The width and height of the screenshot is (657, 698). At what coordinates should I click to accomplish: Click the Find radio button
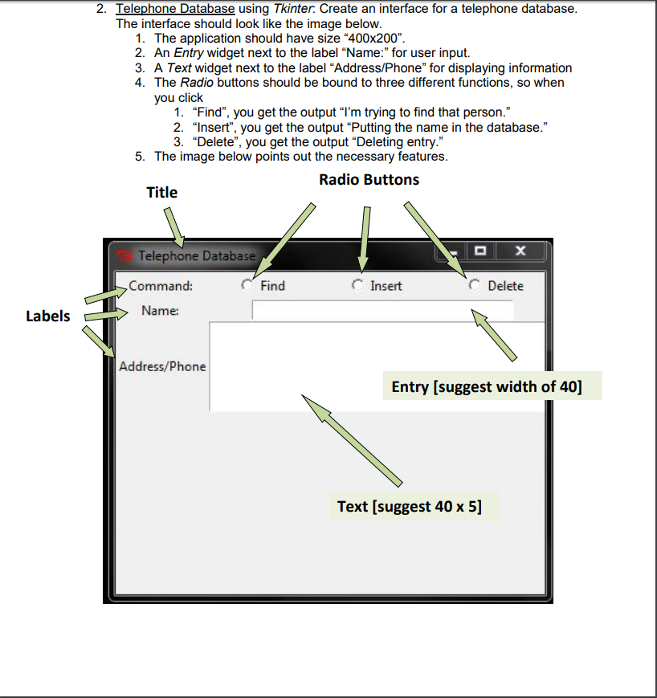[248, 285]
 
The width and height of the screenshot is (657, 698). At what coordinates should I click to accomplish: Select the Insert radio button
[358, 285]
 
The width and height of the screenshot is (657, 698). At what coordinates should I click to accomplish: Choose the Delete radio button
[475, 285]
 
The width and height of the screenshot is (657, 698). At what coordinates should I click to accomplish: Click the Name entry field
[382, 310]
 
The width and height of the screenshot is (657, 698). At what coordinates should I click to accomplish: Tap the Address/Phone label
[162, 366]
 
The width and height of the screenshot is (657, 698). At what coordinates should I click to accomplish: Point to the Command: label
[161, 285]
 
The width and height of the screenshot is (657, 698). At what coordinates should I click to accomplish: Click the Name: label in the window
[160, 310]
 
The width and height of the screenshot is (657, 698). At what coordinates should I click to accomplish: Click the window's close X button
[520, 251]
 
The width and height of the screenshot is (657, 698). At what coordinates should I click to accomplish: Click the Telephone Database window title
[196, 256]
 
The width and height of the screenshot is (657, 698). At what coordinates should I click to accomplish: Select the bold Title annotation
[161, 192]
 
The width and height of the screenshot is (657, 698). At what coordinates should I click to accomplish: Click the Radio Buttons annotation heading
[369, 179]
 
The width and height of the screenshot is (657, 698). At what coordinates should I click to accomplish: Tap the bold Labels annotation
[47, 316]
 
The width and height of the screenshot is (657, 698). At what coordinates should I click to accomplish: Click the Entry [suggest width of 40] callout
[486, 387]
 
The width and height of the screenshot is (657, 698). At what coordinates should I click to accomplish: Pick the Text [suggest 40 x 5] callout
[410, 507]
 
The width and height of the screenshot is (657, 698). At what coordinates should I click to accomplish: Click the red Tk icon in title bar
[124, 256]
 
